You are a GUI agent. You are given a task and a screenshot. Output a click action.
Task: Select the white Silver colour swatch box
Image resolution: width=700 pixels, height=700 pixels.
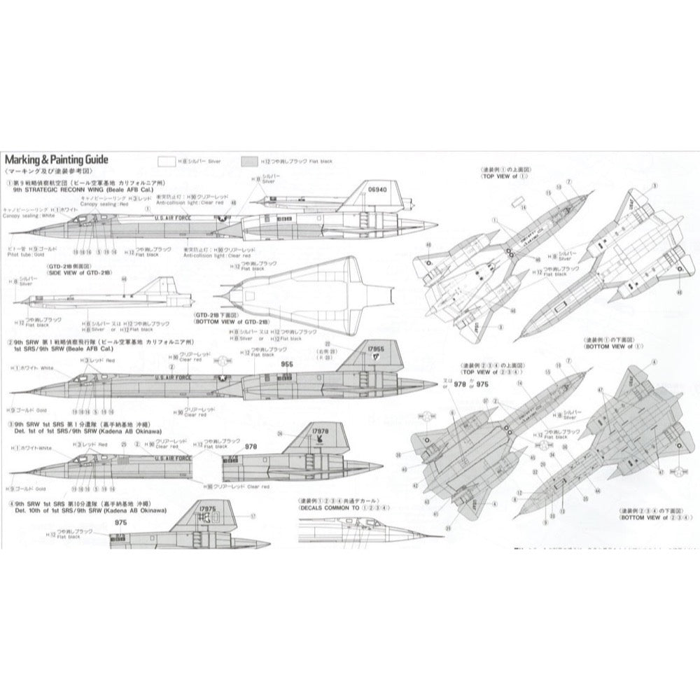pos(167,161)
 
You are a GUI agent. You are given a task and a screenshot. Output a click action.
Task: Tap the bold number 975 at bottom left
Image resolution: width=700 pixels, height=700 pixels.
pos(120,522)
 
